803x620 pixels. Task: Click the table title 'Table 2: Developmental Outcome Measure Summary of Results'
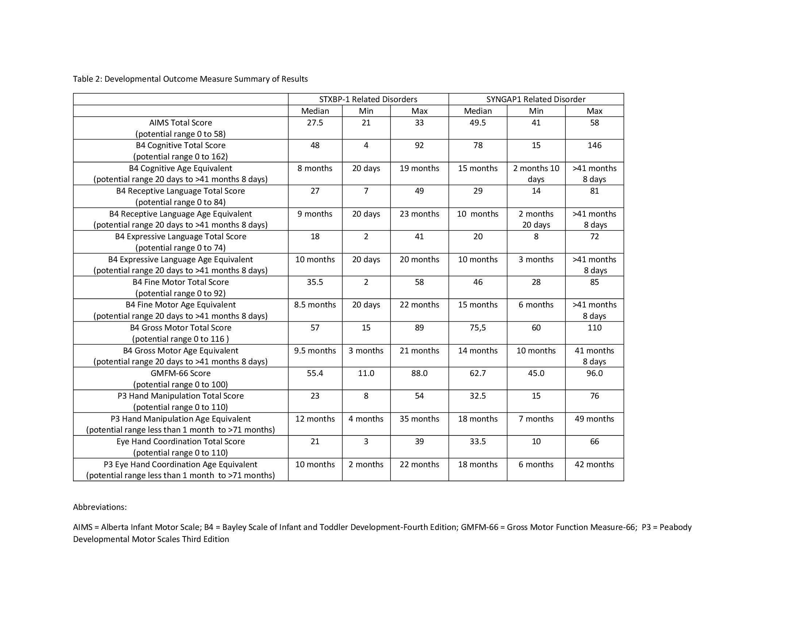(190, 79)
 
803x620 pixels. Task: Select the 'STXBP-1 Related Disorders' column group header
(368, 99)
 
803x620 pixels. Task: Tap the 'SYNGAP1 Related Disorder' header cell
(536, 99)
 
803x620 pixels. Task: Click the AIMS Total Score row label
(181, 123)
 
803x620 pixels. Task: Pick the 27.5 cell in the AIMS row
(315, 123)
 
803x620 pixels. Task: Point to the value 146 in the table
(594, 146)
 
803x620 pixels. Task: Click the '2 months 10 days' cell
(536, 174)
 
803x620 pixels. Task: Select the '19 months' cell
(419, 168)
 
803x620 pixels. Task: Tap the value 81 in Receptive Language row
(594, 191)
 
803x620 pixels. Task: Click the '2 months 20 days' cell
(536, 219)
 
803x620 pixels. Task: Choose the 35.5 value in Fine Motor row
(315, 282)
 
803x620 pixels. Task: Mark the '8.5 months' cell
(315, 305)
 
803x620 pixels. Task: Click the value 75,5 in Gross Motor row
(478, 328)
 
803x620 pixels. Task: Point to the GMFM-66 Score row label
(181, 373)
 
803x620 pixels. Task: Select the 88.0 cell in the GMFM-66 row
(419, 373)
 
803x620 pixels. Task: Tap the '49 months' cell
(594, 419)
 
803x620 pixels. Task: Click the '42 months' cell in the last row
(594, 464)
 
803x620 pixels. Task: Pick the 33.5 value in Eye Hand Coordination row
(478, 442)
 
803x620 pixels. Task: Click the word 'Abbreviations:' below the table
(100, 507)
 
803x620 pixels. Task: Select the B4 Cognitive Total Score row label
(181, 146)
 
